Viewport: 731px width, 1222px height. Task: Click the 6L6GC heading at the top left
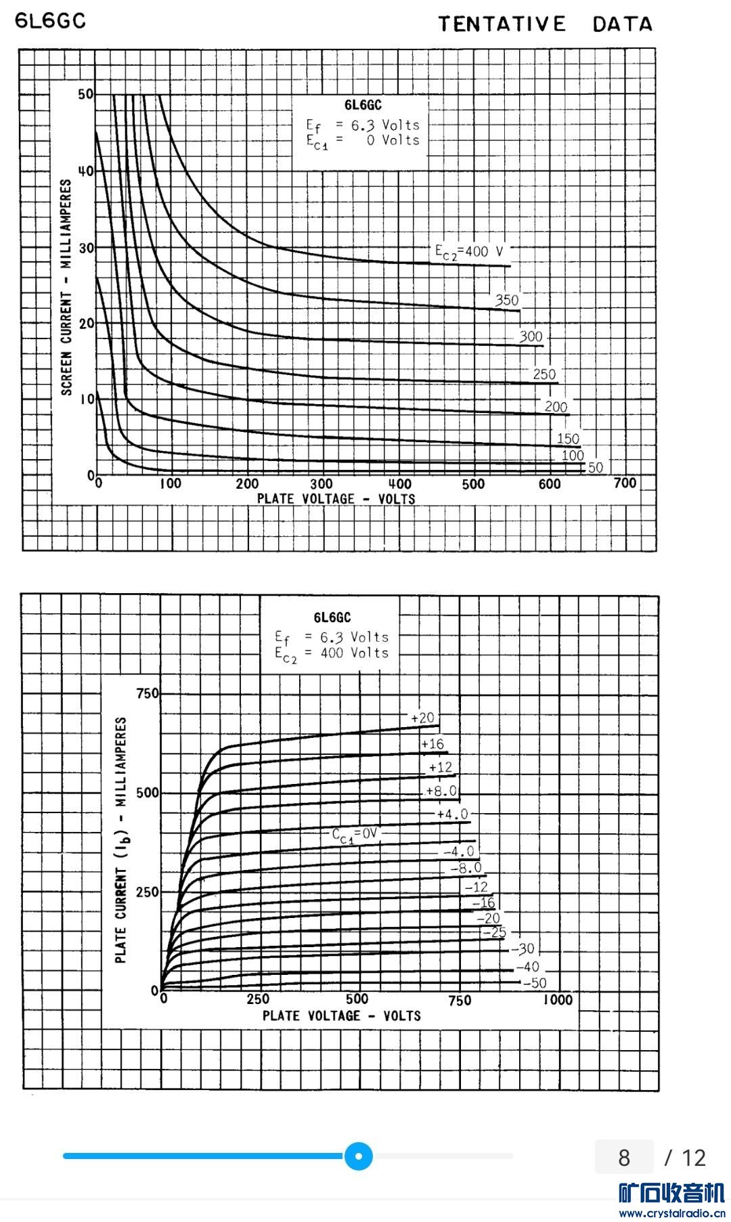coord(51,21)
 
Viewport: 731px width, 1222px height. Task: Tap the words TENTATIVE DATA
coord(545,24)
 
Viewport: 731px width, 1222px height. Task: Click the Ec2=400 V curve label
coord(469,252)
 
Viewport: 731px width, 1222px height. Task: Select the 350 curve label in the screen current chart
coord(507,300)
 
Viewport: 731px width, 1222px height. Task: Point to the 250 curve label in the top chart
coord(544,374)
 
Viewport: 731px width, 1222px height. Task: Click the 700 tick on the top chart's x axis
coord(625,483)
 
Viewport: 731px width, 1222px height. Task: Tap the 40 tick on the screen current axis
coord(86,171)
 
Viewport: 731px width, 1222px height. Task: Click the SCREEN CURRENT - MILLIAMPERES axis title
coord(66,287)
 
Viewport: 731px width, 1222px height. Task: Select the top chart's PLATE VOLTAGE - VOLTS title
coord(336,499)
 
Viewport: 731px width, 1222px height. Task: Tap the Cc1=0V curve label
coord(354,835)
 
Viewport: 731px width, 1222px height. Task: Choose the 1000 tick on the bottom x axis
coord(558,1000)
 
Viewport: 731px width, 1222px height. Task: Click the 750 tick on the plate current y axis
coord(148,693)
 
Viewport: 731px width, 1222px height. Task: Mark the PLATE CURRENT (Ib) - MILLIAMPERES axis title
coord(121,839)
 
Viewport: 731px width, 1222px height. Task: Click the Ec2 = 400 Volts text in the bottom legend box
coord(332,654)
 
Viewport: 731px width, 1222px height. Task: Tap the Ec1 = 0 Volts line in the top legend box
coord(363,141)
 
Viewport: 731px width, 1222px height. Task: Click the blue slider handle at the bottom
coord(359,1156)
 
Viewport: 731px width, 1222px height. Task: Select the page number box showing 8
coord(624,1157)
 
